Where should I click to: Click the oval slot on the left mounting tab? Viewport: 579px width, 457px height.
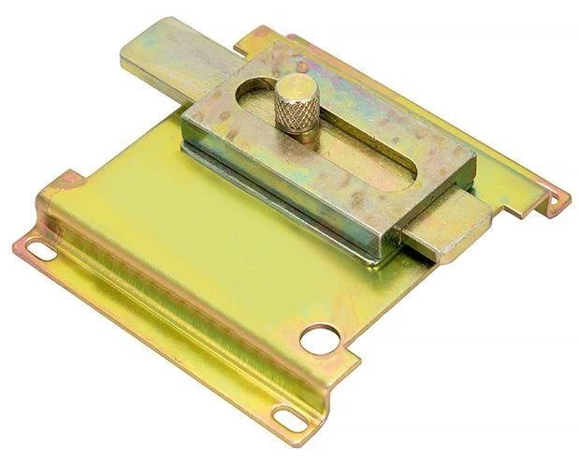pyautogui.click(x=40, y=250)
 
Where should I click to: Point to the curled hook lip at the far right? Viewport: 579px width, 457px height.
pyautogui.click(x=558, y=199)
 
